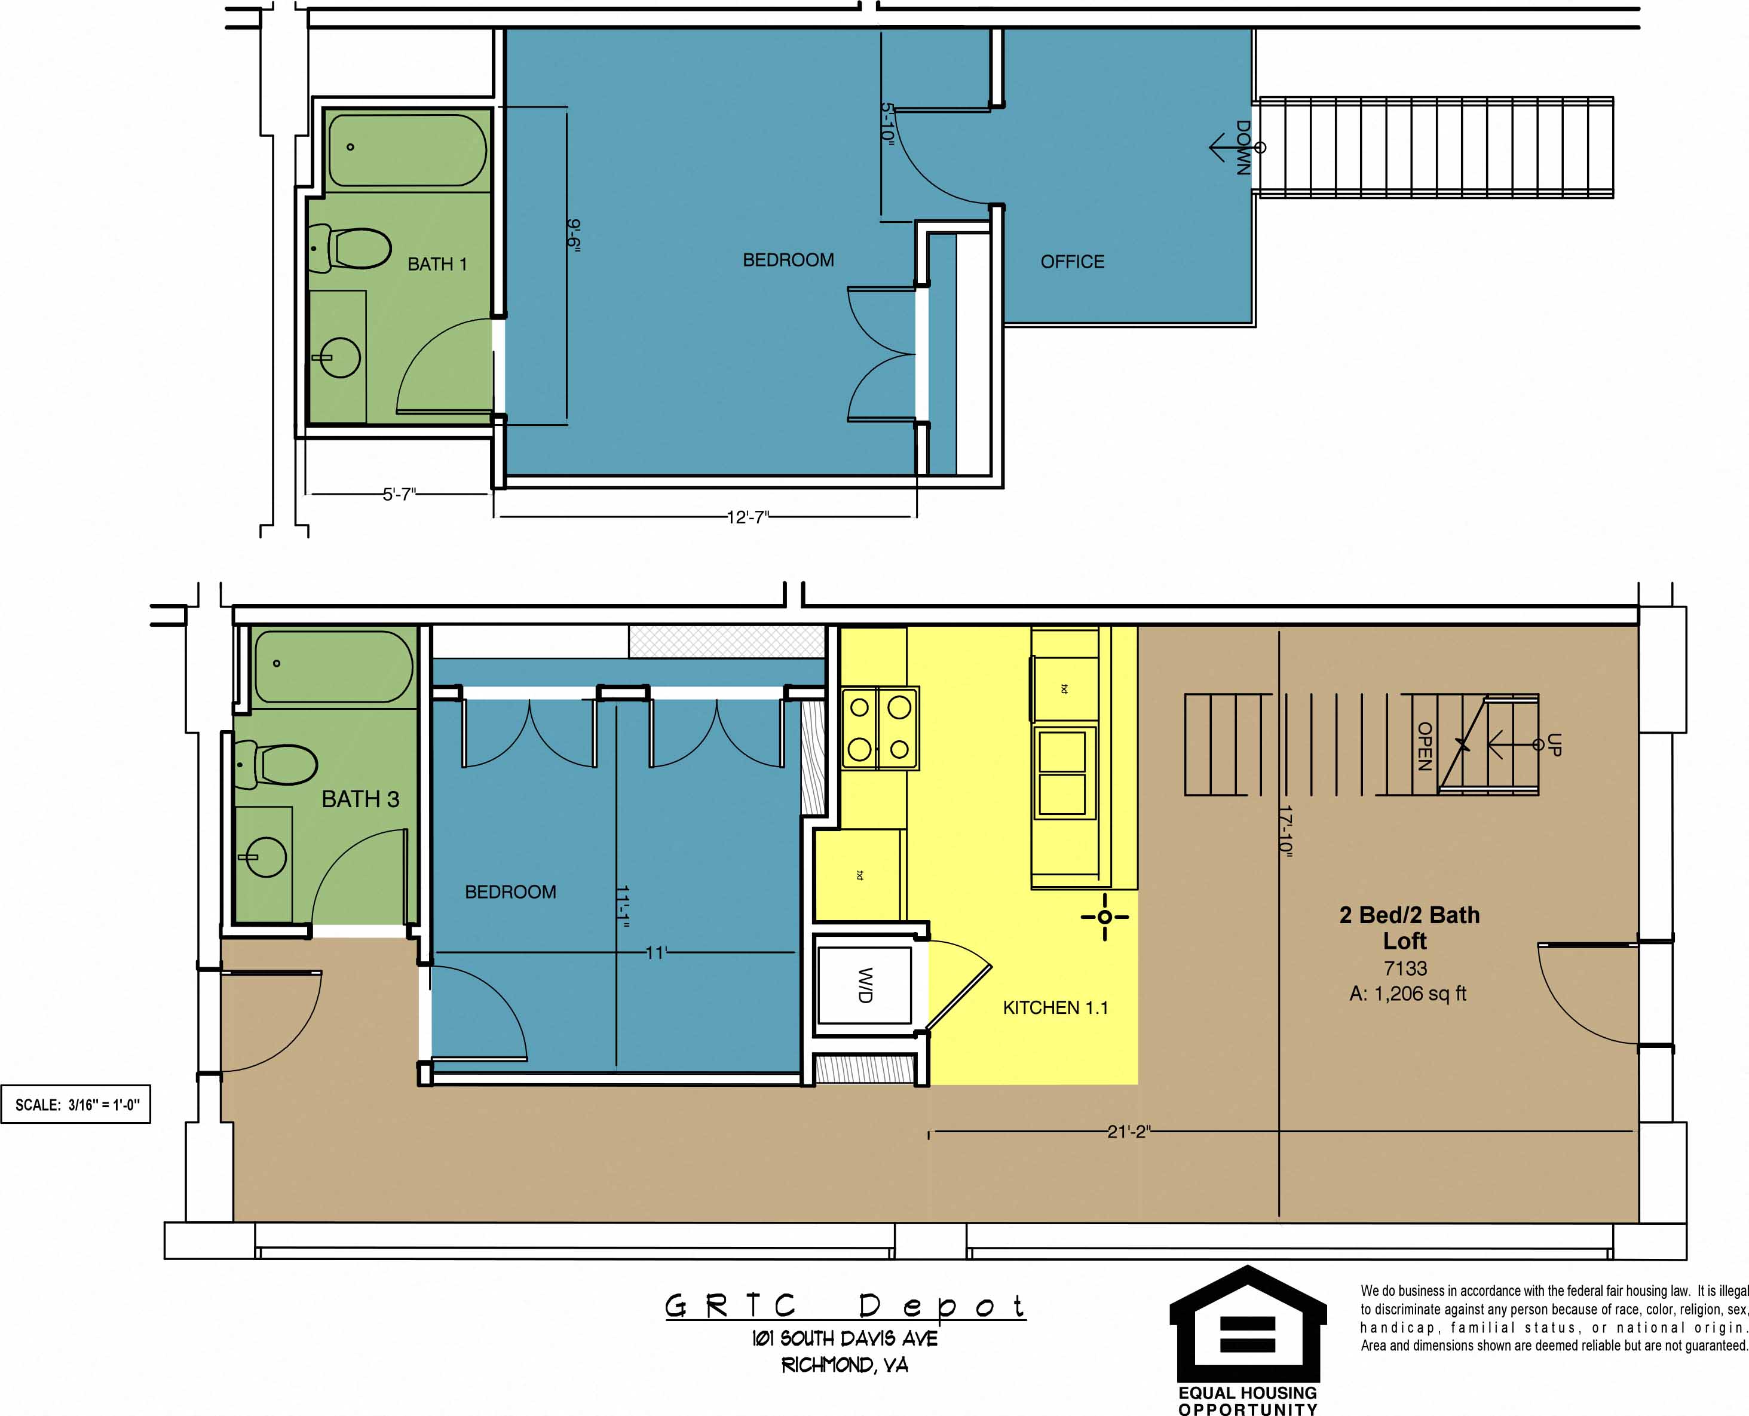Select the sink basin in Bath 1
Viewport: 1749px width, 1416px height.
(339, 357)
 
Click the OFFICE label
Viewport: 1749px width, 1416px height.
(1072, 262)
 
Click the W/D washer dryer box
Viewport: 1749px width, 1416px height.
(865, 985)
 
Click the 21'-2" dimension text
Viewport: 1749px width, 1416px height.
(1128, 1132)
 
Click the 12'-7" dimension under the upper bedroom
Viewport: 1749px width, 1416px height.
(748, 517)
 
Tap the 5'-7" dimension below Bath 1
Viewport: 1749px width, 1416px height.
(400, 494)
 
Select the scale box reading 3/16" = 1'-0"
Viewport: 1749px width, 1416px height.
(76, 1104)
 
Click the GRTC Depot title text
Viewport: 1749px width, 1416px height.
(845, 1306)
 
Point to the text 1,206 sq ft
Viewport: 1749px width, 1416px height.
(1419, 994)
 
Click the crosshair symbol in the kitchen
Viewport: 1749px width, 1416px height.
(1104, 917)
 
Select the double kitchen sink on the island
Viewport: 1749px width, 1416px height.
(1061, 773)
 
